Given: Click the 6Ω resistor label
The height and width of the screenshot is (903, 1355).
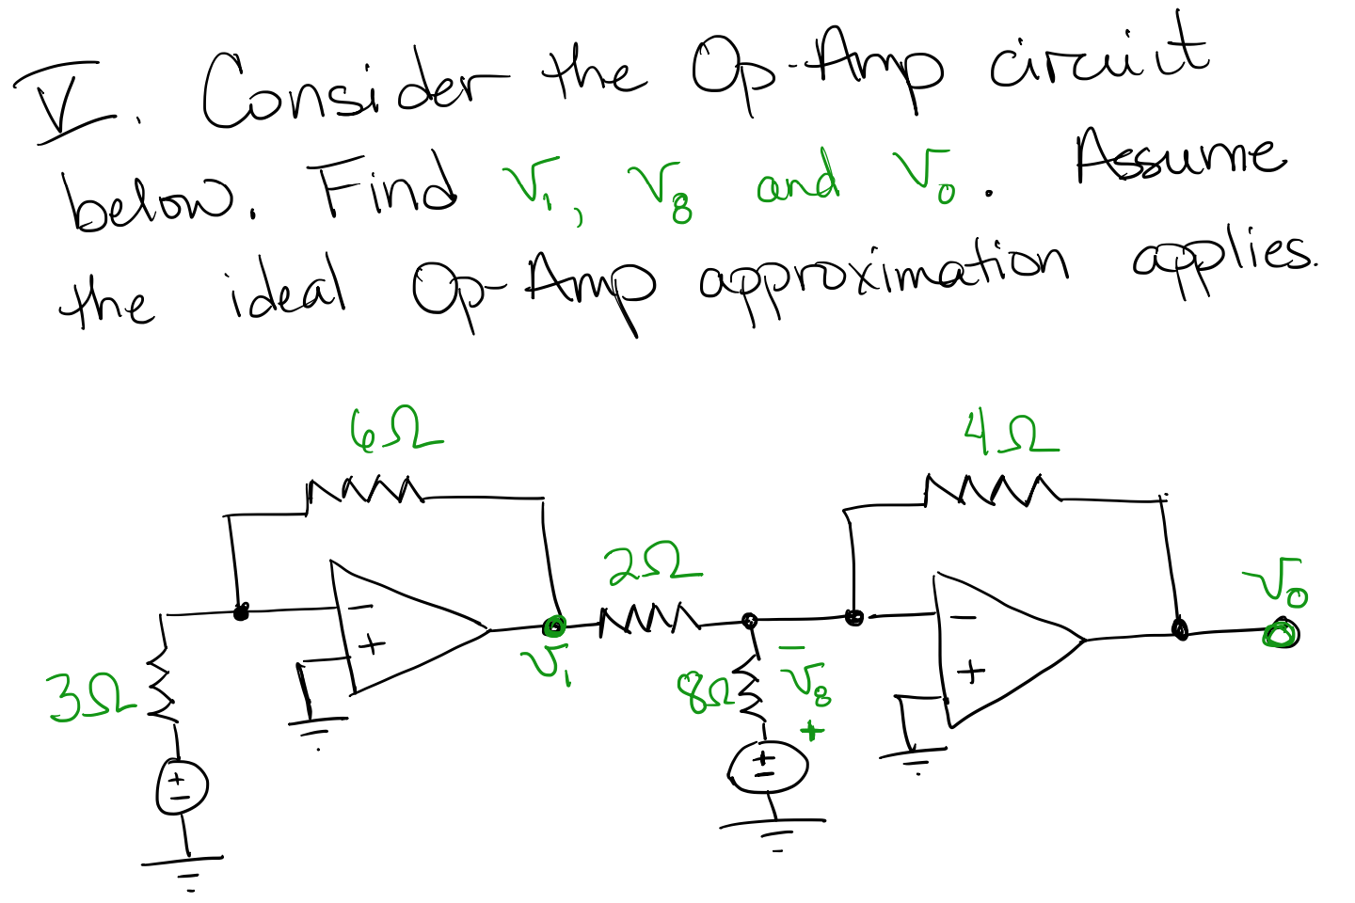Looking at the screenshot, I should [x=394, y=430].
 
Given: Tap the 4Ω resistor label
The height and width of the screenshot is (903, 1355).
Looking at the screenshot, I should [x=1011, y=434].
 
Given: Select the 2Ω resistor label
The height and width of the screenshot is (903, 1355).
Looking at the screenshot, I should [x=652, y=563].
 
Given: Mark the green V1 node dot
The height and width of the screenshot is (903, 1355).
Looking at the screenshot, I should [x=554, y=626].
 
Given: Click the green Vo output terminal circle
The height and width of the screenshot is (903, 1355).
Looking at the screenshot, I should [x=1281, y=635].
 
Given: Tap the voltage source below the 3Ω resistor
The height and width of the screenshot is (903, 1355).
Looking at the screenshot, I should [x=182, y=787].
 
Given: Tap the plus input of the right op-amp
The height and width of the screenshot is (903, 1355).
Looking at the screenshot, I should [x=970, y=672].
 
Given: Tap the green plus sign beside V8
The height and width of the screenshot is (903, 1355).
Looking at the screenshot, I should [x=811, y=731].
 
